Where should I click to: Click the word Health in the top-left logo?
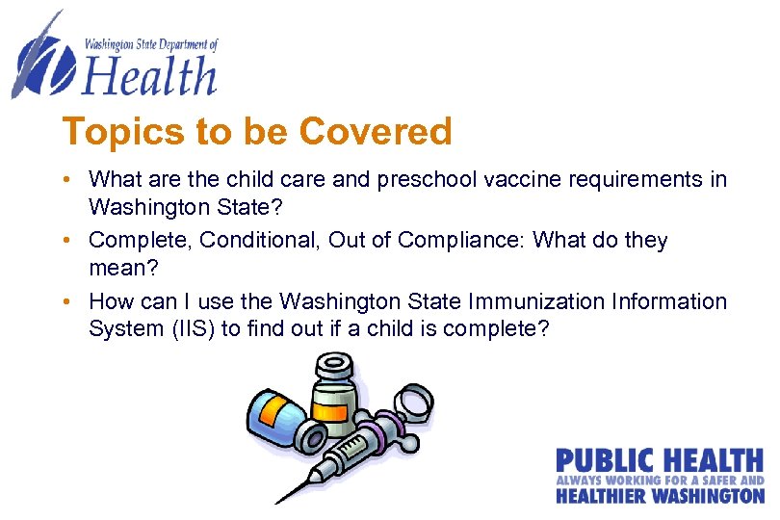[148, 75]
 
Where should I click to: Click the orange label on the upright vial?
[331, 412]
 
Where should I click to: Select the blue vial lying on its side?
[274, 418]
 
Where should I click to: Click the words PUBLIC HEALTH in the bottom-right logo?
[660, 460]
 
